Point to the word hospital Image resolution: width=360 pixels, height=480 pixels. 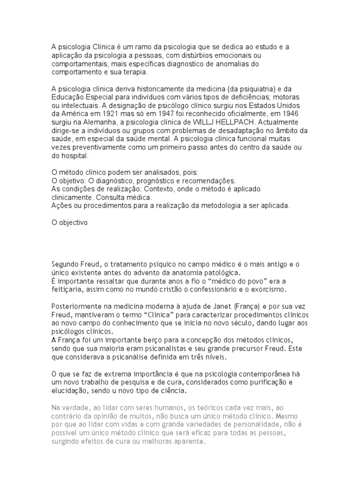(x=75, y=156)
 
